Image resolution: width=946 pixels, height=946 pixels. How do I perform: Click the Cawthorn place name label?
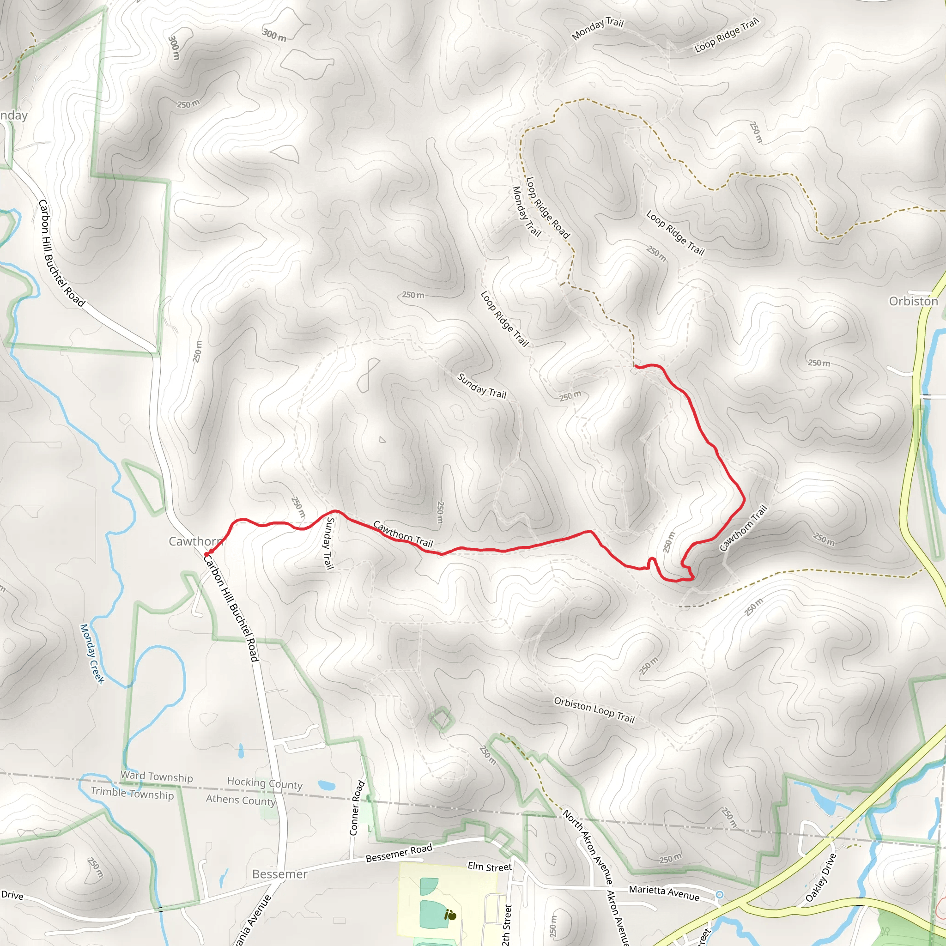pyautogui.click(x=195, y=541)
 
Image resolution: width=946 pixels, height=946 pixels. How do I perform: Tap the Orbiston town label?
pyautogui.click(x=913, y=301)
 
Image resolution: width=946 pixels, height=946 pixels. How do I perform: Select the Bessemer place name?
pyautogui.click(x=279, y=874)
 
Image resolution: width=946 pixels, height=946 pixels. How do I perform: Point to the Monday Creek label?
pyautogui.click(x=92, y=653)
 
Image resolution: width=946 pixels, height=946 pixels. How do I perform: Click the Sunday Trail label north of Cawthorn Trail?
pyautogui.click(x=481, y=386)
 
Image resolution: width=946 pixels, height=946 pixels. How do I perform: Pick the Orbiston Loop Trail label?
pyautogui.click(x=594, y=710)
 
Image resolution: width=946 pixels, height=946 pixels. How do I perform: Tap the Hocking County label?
pyautogui.click(x=264, y=783)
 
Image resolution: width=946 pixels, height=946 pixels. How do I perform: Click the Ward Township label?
pyautogui.click(x=157, y=777)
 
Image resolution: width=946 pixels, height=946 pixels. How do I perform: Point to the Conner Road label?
pyautogui.click(x=357, y=808)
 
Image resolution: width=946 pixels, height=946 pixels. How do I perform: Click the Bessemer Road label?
pyautogui.click(x=399, y=853)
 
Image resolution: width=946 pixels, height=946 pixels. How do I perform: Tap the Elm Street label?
pyautogui.click(x=489, y=866)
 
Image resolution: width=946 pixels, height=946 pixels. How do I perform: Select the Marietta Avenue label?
pyautogui.click(x=664, y=892)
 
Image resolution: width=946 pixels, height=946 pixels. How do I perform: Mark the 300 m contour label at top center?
pyautogui.click(x=274, y=35)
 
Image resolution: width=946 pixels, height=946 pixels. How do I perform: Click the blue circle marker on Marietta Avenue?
pyautogui.click(x=719, y=895)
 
